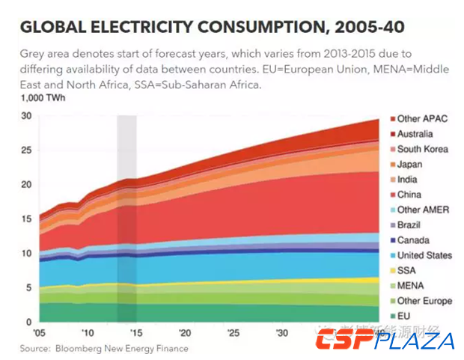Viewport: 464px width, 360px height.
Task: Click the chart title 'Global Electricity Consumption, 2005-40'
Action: click(213, 28)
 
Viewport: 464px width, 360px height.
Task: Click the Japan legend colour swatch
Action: click(392, 165)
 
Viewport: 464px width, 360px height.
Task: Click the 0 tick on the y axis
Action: click(28, 323)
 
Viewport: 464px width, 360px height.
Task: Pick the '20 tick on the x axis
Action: click(183, 333)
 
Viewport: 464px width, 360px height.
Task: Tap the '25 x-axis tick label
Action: click(233, 333)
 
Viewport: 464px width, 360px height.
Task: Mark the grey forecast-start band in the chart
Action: click(126, 217)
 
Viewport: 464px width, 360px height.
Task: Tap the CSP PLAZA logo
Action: click(385, 341)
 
